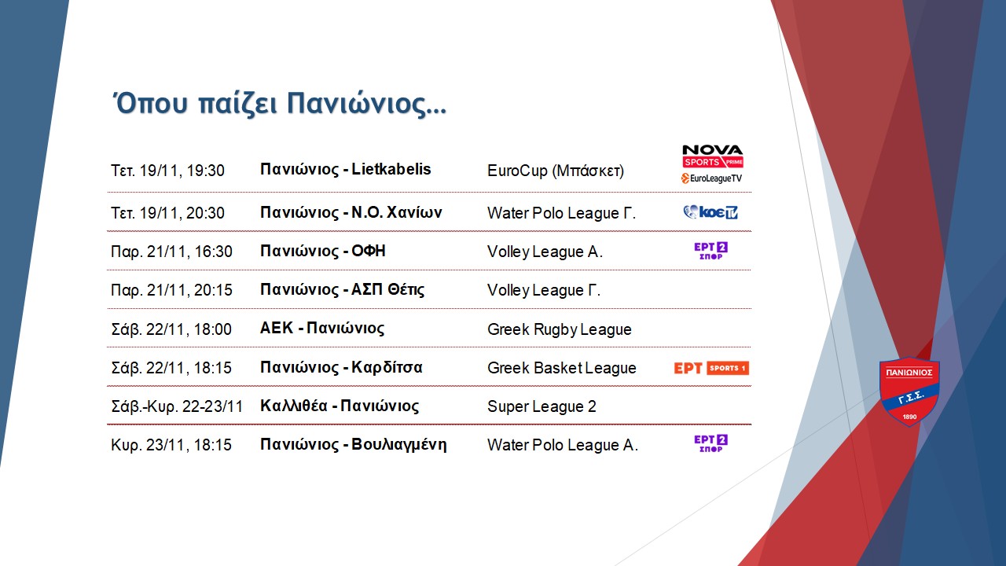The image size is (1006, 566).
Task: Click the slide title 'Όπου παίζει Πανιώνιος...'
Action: [x=279, y=105]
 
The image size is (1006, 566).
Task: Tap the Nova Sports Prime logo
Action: [x=712, y=156]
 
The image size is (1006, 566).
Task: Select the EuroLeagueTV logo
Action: [x=711, y=178]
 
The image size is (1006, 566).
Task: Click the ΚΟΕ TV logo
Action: [x=710, y=212]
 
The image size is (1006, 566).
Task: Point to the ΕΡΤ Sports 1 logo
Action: [x=711, y=368]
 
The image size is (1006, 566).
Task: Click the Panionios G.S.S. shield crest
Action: [x=909, y=391]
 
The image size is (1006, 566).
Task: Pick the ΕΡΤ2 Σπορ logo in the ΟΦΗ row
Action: [x=711, y=251]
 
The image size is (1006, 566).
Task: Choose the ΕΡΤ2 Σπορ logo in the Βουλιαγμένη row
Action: [x=711, y=443]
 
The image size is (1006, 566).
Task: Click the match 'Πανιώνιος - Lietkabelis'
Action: [x=345, y=169]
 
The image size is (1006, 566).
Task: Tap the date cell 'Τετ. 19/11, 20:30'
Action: [x=167, y=213]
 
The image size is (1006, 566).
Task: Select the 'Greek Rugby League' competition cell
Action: [x=559, y=329]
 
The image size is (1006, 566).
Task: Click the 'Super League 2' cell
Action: [x=542, y=406]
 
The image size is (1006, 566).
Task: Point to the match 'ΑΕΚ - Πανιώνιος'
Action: [x=322, y=329]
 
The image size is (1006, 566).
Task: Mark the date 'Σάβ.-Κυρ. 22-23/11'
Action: [x=177, y=406]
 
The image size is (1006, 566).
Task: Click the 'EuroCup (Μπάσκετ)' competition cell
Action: [x=556, y=171]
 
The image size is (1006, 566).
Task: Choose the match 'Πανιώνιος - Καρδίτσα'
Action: [x=341, y=367]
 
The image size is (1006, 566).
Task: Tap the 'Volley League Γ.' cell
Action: [x=544, y=291]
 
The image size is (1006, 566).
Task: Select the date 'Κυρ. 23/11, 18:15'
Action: [x=171, y=445]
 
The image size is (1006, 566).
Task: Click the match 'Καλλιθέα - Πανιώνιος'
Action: [x=340, y=406]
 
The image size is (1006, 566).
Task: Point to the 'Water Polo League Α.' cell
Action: [x=563, y=445]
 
